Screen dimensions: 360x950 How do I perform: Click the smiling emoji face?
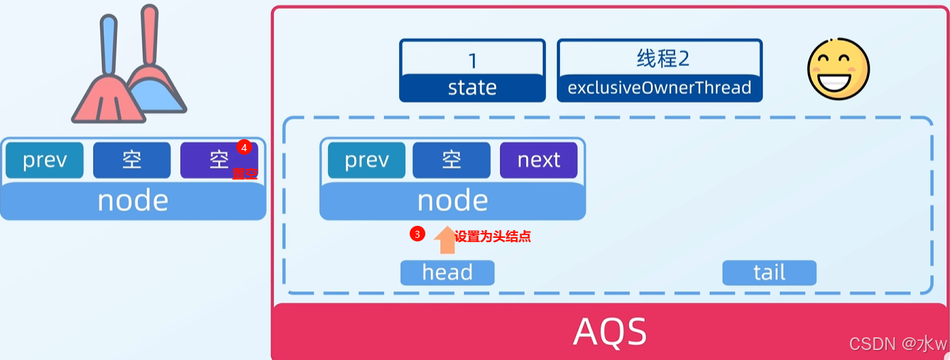pyautogui.click(x=839, y=69)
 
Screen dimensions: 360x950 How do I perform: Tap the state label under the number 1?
pyautogui.click(x=472, y=88)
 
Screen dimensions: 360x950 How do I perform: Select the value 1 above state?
pyautogui.click(x=472, y=58)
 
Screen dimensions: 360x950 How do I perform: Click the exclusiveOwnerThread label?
pyautogui.click(x=660, y=88)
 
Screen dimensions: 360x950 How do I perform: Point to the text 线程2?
pyautogui.click(x=662, y=58)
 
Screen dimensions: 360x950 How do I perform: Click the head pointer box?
pyautogui.click(x=447, y=273)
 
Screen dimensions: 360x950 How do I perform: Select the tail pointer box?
pyautogui.click(x=769, y=273)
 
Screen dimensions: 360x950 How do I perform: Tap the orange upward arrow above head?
pyautogui.click(x=445, y=240)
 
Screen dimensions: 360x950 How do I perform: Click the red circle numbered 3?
pyautogui.click(x=417, y=234)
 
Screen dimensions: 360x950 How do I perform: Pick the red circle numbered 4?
pyautogui.click(x=244, y=147)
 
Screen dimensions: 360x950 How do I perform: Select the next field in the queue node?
pyautogui.click(x=539, y=160)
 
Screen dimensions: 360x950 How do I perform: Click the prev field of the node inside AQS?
pyautogui.click(x=366, y=160)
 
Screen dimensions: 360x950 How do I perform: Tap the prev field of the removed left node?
pyautogui.click(x=45, y=160)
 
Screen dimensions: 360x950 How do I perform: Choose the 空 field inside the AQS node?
pyautogui.click(x=452, y=160)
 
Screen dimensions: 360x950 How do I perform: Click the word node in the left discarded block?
pyautogui.click(x=133, y=201)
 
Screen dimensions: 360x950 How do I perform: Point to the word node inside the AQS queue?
pyautogui.click(x=452, y=201)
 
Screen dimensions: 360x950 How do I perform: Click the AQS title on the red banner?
pyautogui.click(x=610, y=331)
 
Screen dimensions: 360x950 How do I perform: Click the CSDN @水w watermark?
pyautogui.click(x=898, y=344)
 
